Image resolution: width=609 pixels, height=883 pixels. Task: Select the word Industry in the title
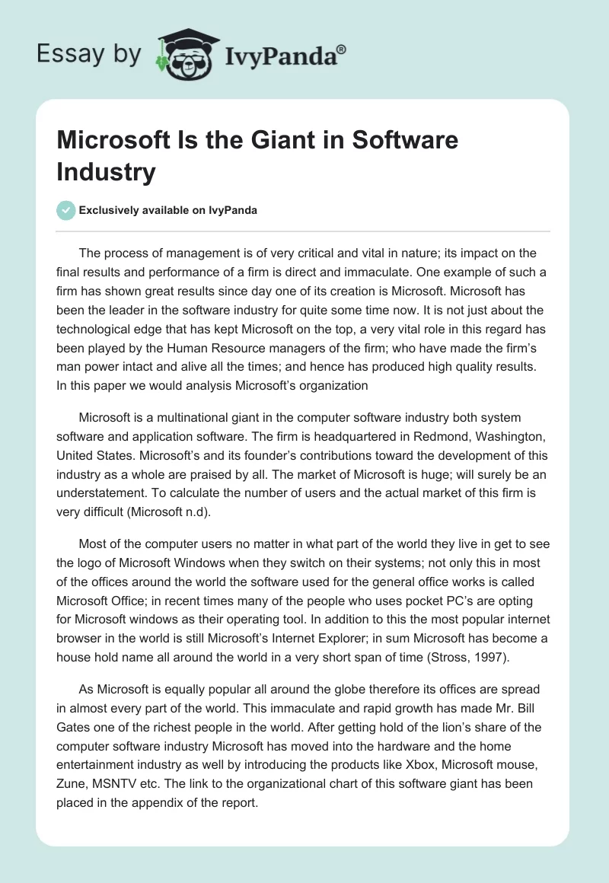[x=106, y=171]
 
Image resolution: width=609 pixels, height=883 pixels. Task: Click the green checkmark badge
[x=67, y=210]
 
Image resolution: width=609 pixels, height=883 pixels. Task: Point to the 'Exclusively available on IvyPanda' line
[x=167, y=210]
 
